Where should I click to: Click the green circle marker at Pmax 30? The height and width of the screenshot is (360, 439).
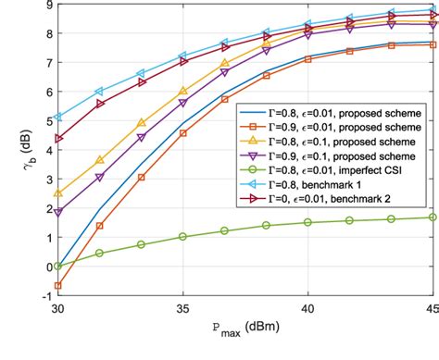click(57, 266)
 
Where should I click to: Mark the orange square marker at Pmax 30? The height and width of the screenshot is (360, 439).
click(57, 286)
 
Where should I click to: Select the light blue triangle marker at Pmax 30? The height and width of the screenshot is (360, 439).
click(57, 118)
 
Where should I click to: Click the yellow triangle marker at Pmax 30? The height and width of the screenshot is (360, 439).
click(57, 193)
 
